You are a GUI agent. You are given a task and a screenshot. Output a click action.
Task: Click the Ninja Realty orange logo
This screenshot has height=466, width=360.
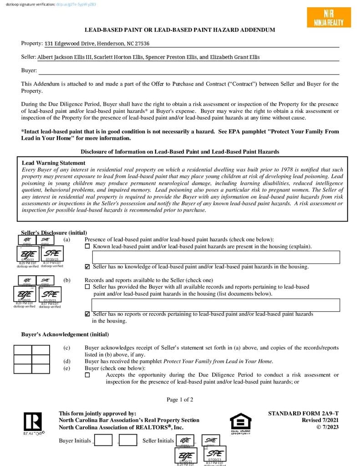pos(329,17)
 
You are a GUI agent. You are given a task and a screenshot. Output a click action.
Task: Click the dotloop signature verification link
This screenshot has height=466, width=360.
pos(76,4)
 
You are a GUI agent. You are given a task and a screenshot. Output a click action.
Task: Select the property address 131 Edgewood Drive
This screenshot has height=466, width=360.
pos(97,44)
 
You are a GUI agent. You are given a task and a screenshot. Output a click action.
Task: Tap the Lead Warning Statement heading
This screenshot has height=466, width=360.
pos(53,163)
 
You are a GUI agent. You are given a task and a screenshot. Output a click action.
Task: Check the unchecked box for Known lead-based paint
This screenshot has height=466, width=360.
pos(87,247)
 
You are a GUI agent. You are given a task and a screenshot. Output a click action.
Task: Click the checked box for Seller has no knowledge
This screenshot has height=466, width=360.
pos(87,267)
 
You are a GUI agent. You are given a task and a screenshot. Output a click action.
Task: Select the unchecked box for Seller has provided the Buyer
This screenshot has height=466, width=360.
pos(87,287)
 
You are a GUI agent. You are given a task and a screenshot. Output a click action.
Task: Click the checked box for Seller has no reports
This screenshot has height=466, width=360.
pos(87,314)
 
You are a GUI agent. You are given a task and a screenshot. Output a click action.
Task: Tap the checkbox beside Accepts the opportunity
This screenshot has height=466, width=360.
pos(87,375)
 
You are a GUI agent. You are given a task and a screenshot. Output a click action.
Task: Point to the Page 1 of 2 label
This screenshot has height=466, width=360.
pos(180,400)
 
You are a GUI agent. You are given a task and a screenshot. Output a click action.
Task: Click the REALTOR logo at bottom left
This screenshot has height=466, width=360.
pos(33,423)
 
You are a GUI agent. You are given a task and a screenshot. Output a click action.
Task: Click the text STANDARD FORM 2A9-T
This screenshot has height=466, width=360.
pos(303,414)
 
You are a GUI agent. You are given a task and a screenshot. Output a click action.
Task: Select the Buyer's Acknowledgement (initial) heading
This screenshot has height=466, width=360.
pos(65,334)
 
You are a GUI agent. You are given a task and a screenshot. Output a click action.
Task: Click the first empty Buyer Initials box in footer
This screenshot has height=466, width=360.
pos(103,440)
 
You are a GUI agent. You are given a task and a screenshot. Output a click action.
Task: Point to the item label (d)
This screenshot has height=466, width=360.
pos(67,361)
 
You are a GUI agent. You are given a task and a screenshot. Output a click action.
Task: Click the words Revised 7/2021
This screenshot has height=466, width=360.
pos(320,420)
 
